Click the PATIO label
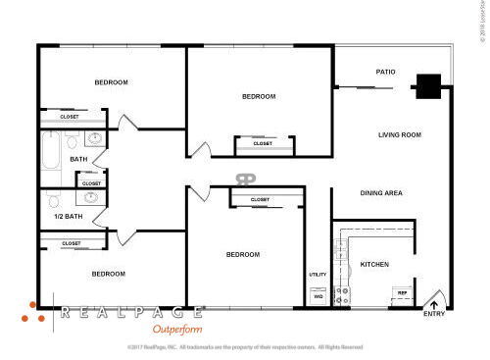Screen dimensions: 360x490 click(385, 72)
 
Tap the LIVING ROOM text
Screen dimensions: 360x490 click(399, 134)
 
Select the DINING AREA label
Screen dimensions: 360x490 click(381, 193)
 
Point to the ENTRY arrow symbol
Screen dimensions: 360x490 click(434, 304)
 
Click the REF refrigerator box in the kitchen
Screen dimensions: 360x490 click(401, 292)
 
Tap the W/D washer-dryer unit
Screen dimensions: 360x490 click(318, 294)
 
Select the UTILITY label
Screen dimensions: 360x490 click(318, 275)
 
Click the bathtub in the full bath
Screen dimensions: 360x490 click(51, 153)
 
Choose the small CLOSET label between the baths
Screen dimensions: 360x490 click(91, 182)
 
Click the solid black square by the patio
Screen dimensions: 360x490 click(427, 86)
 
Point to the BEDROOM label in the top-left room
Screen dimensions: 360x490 click(111, 82)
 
